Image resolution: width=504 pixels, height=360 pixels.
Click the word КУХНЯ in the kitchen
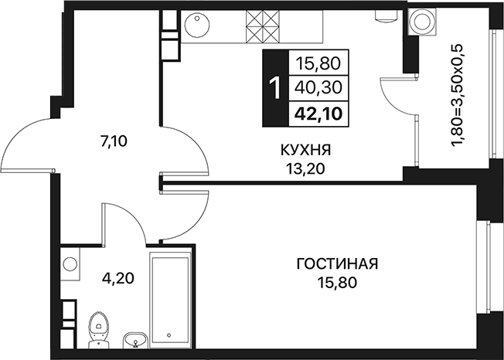point(305,150)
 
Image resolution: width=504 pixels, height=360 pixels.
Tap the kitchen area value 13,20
point(305,168)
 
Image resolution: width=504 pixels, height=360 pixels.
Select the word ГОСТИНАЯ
point(337,264)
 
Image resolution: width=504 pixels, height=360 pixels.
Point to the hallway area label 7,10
point(114,141)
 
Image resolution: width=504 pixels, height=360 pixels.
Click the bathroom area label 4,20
point(117,278)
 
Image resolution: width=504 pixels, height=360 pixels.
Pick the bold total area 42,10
point(318,114)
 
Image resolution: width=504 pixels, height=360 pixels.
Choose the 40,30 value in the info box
point(318,87)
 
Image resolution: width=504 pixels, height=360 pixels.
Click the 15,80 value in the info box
point(318,63)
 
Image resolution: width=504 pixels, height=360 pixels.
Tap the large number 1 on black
point(275,87)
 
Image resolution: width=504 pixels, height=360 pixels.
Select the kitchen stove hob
point(263,26)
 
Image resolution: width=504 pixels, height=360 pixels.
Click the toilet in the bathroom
point(99,330)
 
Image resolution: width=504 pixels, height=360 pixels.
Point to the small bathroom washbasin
point(135,340)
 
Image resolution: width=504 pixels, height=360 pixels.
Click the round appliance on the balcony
point(421,22)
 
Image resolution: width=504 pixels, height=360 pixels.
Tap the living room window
point(489,267)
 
